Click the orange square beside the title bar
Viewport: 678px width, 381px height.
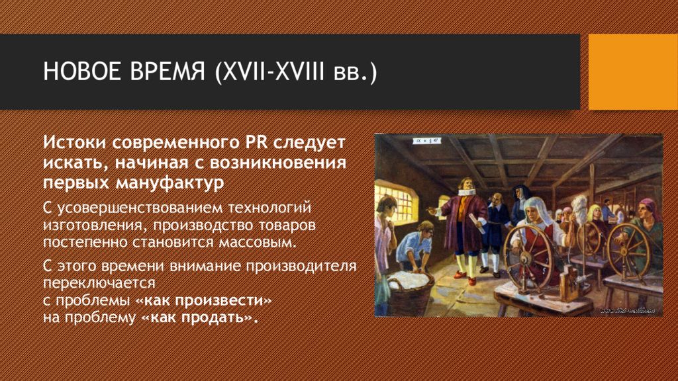click(633, 71)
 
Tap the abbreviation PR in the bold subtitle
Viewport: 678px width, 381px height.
click(257, 142)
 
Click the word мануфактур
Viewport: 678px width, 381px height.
click(170, 183)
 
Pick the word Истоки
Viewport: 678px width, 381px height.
click(74, 142)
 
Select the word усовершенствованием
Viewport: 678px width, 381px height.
click(140, 208)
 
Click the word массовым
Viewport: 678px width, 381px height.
click(258, 242)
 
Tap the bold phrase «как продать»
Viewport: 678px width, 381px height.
click(199, 317)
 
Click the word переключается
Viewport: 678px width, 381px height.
click(99, 283)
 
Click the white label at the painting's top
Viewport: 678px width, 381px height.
click(426, 141)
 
